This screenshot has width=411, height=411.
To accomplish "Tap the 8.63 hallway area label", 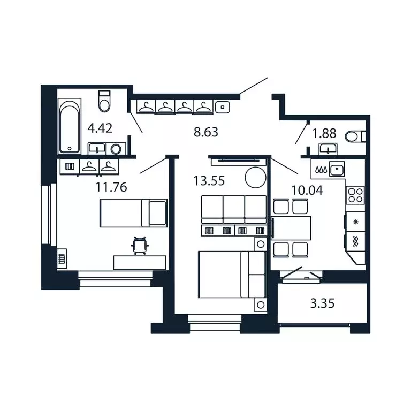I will (206, 132).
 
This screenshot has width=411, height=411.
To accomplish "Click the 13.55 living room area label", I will (209, 180).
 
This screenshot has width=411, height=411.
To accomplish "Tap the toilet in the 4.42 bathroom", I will (104, 101).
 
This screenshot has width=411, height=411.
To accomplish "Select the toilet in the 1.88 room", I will (354, 136).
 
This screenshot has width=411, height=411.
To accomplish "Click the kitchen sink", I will (336, 170).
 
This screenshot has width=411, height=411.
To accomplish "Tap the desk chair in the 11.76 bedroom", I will (140, 245).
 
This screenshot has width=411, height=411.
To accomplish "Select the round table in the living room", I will (255, 177).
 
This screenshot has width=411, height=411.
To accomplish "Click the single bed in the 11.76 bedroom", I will (133, 212).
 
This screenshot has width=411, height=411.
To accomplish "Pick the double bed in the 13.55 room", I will (232, 274).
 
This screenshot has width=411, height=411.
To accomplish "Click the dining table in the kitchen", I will (292, 228).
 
